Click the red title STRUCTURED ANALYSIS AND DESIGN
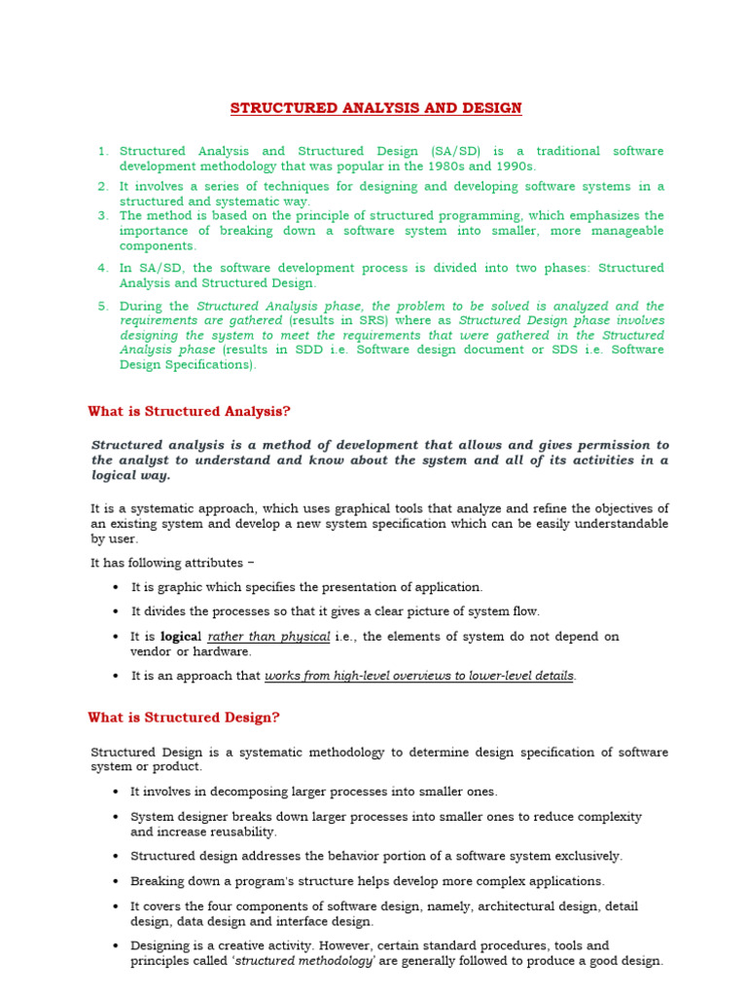(x=375, y=108)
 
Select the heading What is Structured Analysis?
(x=189, y=412)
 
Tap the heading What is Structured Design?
(x=184, y=718)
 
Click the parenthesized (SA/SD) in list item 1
(x=456, y=151)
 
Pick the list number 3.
(x=103, y=215)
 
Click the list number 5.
(x=103, y=306)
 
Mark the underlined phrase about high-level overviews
(x=419, y=676)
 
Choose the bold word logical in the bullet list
(x=181, y=637)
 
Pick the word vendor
(x=151, y=651)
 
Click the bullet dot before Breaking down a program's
(x=116, y=882)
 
